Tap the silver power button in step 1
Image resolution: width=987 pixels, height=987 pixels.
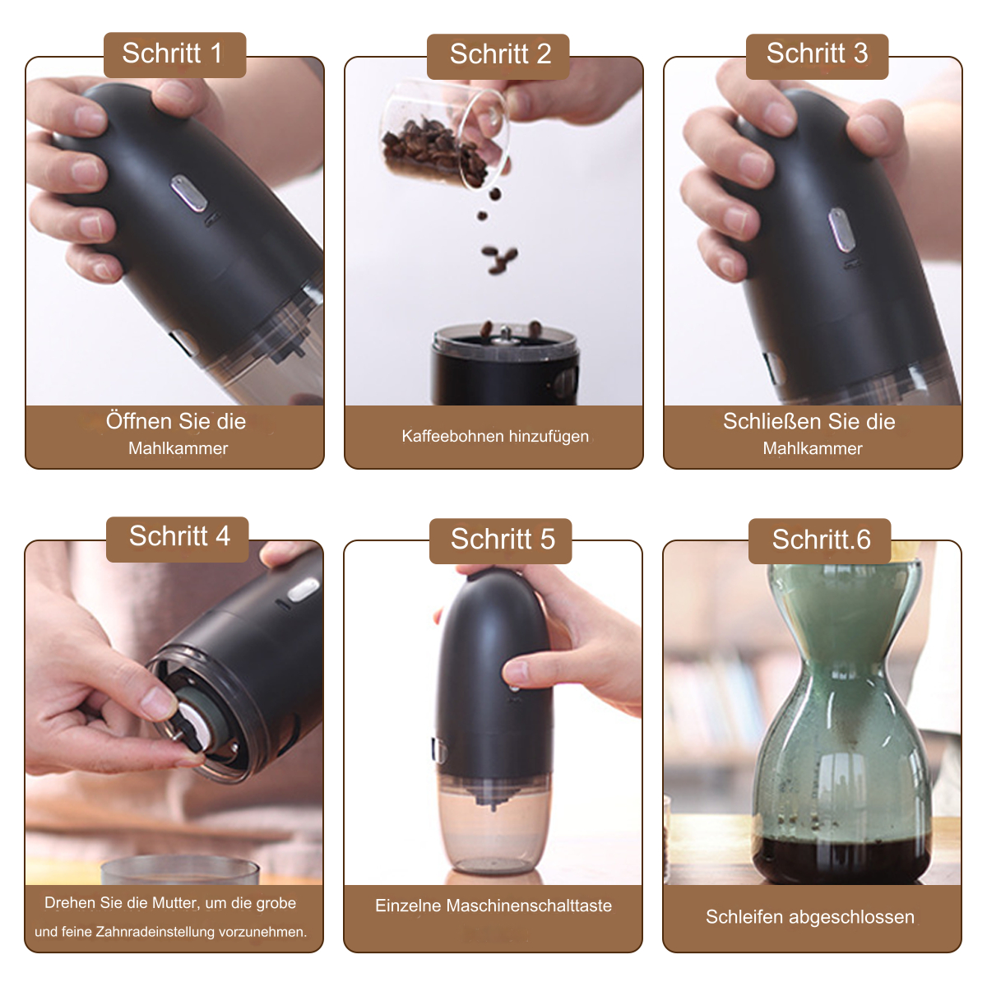[x=188, y=193]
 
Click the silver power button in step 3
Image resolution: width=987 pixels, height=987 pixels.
[x=840, y=230]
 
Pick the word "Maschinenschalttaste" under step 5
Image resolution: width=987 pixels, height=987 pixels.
[x=529, y=906]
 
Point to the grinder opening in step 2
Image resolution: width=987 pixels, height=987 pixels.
[x=506, y=339]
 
